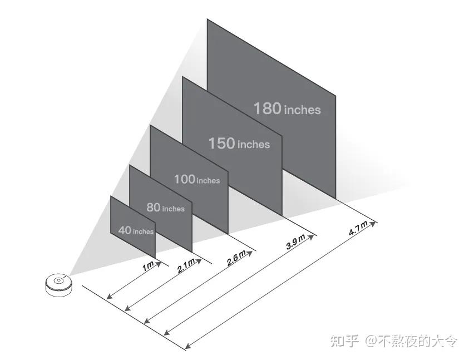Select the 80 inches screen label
pos(165,208)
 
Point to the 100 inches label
pos(197,180)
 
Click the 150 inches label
pos(239,144)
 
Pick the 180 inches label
pos(287,109)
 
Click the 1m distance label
pos(148,267)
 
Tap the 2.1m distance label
pos(186,266)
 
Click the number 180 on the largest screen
pos(268,108)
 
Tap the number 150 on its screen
pos(221,144)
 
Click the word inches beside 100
pos(208,181)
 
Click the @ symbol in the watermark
pos(371,341)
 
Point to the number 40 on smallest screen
pos(125,230)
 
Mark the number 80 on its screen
pos(154,208)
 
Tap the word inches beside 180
pos(302,110)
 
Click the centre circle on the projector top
pos(57,280)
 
